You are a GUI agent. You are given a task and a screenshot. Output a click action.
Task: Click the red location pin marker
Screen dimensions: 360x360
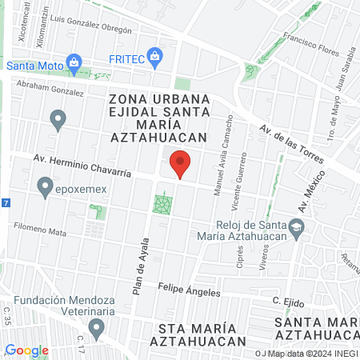(181, 164)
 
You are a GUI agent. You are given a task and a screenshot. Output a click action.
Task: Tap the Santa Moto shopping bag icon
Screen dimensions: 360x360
(74, 62)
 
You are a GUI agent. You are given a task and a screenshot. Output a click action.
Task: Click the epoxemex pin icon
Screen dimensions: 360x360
(45, 188)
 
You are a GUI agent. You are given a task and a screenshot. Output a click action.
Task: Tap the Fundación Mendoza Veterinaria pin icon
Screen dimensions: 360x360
(98, 327)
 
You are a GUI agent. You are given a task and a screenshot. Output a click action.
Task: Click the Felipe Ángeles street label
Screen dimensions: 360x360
(189, 290)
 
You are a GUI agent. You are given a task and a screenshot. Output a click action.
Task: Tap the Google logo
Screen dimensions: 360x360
(26, 350)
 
